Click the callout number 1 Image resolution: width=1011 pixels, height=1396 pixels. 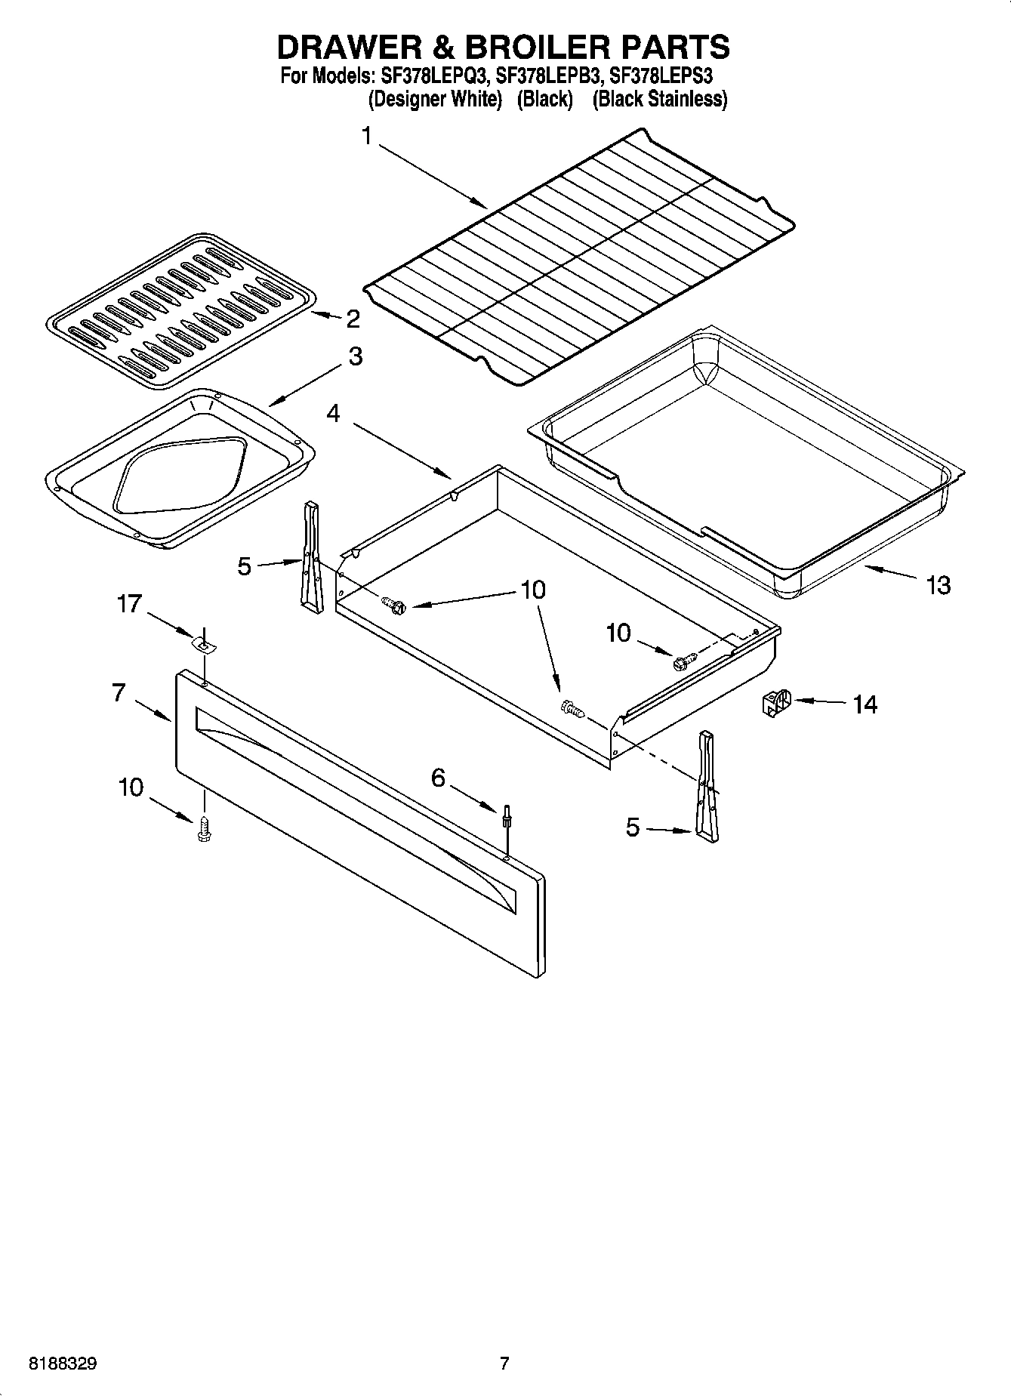[x=367, y=137]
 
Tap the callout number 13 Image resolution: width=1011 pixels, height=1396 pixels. [x=938, y=585]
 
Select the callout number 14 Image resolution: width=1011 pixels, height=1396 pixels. [x=865, y=704]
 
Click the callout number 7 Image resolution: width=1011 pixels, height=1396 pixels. [x=118, y=692]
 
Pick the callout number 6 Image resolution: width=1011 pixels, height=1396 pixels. [x=439, y=778]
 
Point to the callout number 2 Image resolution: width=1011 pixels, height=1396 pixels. [x=353, y=319]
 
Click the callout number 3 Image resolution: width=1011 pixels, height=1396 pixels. [x=355, y=357]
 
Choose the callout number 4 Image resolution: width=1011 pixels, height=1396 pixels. [x=334, y=413]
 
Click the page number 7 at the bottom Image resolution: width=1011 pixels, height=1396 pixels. [x=504, y=1363]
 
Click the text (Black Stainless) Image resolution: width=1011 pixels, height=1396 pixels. [x=659, y=99]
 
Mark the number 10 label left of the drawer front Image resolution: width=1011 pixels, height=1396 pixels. [x=131, y=787]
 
